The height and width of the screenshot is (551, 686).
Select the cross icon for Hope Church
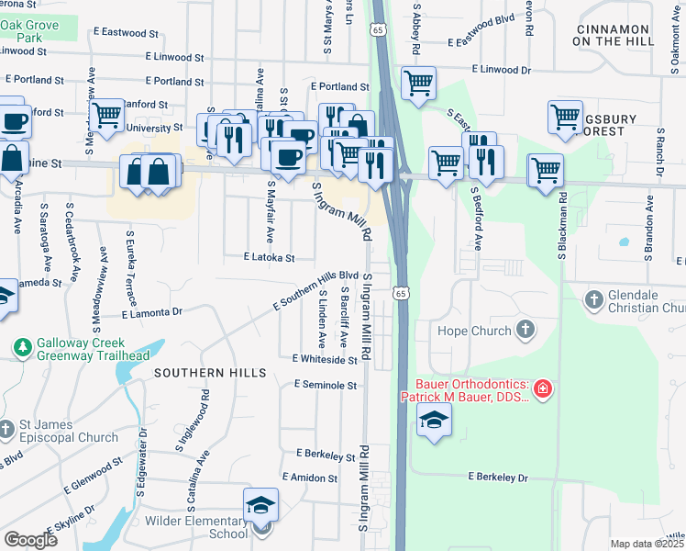click(526, 329)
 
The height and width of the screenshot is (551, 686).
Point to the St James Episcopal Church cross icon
click(8, 427)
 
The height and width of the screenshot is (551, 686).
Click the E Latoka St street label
click(269, 259)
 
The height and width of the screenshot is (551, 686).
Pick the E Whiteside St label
click(324, 360)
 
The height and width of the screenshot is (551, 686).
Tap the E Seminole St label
click(325, 386)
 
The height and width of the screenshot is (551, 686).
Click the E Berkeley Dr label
click(500, 478)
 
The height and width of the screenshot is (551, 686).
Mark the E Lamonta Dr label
click(152, 312)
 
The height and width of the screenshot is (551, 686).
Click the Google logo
click(30, 540)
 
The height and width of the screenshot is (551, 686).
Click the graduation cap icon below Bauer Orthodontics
click(435, 421)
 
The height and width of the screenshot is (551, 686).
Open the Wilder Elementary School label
click(196, 527)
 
